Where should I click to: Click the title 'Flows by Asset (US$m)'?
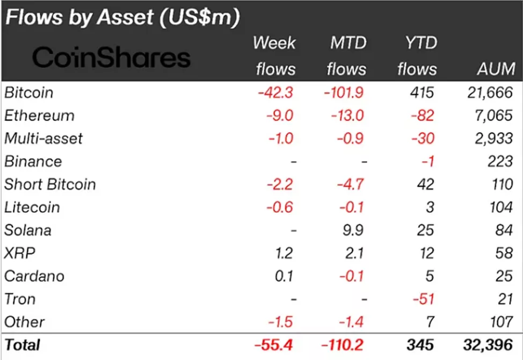[x=122, y=18]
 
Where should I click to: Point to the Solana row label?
[x=28, y=231]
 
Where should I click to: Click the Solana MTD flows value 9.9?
[x=352, y=231]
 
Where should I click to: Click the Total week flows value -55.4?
[x=273, y=344]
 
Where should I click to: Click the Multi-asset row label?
[x=43, y=139]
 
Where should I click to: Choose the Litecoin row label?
[x=32, y=207]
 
